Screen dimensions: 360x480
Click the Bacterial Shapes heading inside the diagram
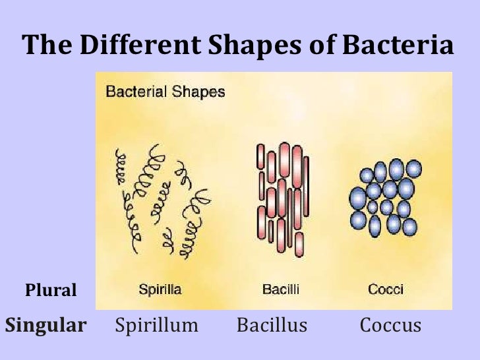point(165,92)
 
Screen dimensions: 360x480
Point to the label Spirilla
point(161,289)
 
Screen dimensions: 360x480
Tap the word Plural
point(51,290)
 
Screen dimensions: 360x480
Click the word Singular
point(45,325)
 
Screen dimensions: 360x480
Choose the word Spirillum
point(157,325)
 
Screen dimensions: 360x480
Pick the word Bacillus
point(272,325)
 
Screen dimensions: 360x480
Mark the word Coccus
point(390,325)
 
